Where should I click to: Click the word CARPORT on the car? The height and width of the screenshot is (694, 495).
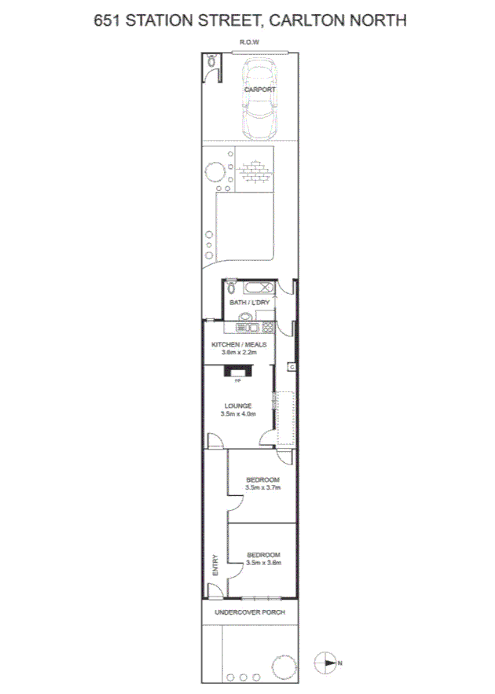pyautogui.click(x=259, y=90)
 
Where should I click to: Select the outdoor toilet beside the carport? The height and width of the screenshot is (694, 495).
pyautogui.click(x=212, y=62)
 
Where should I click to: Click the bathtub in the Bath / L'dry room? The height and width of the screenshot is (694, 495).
pyautogui.click(x=258, y=287)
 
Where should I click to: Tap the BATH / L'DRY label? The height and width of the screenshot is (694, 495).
pyautogui.click(x=249, y=303)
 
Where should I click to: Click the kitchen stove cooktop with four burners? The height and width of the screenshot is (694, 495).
pyautogui.click(x=268, y=328)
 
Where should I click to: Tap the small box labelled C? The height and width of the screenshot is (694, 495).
pyautogui.click(x=291, y=367)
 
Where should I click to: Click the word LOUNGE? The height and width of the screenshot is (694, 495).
pyautogui.click(x=238, y=406)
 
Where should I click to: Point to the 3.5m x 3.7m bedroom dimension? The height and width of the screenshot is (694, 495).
pyautogui.click(x=262, y=487)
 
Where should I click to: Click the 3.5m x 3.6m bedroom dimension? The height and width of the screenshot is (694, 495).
pyautogui.click(x=262, y=563)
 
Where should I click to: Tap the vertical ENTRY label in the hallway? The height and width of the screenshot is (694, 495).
pyautogui.click(x=214, y=566)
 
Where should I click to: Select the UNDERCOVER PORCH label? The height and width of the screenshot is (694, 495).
pyautogui.click(x=250, y=612)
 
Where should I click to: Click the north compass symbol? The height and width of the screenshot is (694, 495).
pyautogui.click(x=326, y=663)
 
